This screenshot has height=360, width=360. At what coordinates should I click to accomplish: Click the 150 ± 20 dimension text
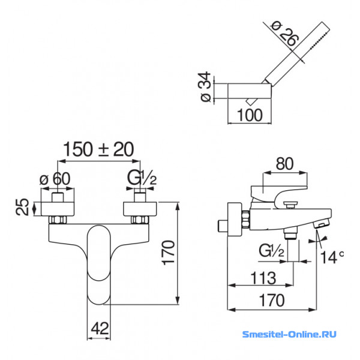pos(98,149)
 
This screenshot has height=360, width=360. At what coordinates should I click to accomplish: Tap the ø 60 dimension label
pos(55,179)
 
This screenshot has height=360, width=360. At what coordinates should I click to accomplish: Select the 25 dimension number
pos(23,207)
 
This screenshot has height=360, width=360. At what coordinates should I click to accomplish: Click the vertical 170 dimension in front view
pos(169,253)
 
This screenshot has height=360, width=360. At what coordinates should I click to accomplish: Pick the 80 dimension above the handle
pos(284,164)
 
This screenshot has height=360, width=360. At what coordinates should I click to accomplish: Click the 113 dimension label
pos(263,278)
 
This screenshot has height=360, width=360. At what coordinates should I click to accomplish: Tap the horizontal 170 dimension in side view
pos(272,300)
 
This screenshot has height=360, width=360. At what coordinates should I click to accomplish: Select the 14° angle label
pos(332,257)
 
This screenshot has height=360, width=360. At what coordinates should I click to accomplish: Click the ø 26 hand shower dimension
pos(285,34)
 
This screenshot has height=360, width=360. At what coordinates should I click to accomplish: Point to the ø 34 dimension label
pos(205,86)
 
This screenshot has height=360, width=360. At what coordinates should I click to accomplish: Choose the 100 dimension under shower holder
pos(250,115)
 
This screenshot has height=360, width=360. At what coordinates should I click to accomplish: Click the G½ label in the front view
pos(142,178)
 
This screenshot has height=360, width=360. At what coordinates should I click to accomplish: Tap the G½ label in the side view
pos(271,250)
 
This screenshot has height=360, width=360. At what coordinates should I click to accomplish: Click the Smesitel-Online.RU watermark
pos(289,334)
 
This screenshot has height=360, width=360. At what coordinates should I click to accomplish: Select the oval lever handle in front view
pos(99,265)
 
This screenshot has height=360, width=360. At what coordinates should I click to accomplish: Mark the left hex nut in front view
pos(58,220)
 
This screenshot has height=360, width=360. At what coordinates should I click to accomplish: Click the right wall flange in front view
pos(140,209)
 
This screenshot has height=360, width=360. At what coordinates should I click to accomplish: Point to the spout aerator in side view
pos(322,223)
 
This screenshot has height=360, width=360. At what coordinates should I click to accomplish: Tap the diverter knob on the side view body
pos(290,205)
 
